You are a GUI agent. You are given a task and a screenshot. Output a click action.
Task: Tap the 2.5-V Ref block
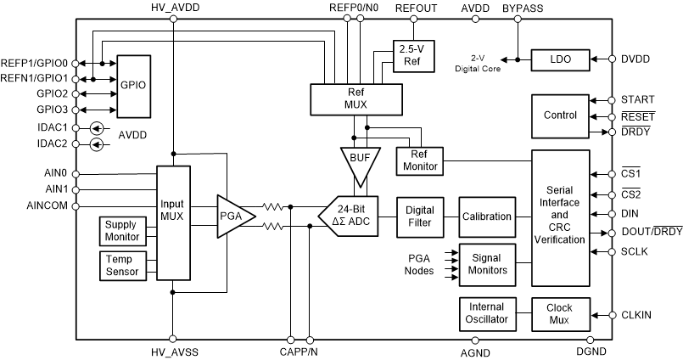pos(411,55)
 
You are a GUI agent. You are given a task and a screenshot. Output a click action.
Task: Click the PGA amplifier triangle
pos(234,216)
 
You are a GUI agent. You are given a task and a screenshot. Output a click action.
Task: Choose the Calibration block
pos(486,217)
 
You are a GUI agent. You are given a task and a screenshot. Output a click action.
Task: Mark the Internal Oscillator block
pos(486,313)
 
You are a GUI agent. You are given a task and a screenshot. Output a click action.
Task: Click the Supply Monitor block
pos(120,230)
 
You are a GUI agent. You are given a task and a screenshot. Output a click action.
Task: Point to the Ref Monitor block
pos(419,160)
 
